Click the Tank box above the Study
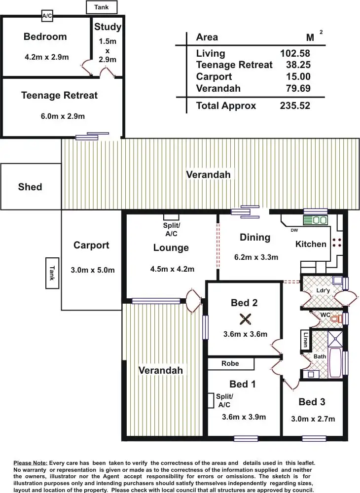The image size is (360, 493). (102, 7)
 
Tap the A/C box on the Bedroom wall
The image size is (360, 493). (47, 16)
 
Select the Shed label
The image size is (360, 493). (30, 187)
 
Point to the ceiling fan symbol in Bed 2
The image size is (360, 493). (245, 319)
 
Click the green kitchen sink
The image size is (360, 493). (315, 220)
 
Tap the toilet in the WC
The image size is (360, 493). (336, 319)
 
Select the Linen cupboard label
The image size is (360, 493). (306, 339)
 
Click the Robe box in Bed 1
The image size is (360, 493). (230, 363)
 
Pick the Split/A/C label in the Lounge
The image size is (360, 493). (172, 229)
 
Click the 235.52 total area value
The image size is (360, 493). (295, 106)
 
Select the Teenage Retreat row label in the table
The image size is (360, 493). (234, 65)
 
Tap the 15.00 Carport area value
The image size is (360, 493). (298, 77)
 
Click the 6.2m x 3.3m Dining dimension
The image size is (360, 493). (256, 257)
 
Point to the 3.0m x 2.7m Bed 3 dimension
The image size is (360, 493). (313, 419)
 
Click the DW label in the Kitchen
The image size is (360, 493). (294, 230)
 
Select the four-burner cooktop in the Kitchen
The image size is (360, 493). (337, 242)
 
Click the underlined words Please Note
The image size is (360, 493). (30, 463)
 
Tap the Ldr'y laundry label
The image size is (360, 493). (323, 290)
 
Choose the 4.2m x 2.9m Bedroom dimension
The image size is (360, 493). (46, 57)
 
